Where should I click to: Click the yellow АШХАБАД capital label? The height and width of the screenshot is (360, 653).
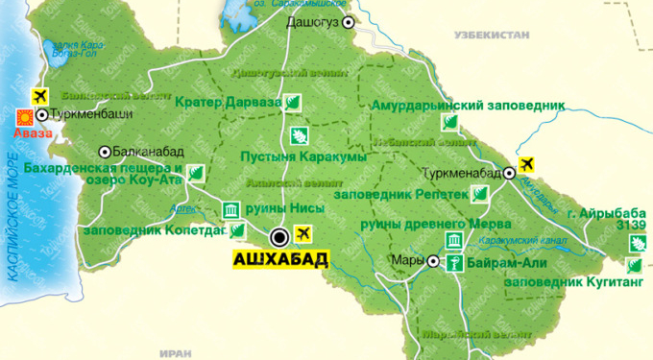pos(280,258)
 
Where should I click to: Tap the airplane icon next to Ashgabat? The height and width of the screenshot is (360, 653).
pos(305,232)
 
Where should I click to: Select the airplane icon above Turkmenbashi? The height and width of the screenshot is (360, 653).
pos(40,97)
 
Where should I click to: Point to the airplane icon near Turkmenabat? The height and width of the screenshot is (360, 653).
pos(526,162)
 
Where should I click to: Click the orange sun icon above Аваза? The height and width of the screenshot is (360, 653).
pos(25,117)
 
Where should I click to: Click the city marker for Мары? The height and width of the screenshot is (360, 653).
pos(433,261)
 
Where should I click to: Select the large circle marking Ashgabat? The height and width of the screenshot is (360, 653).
pos(279,235)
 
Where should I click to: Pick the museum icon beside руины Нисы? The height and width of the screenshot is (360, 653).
pos(230,210)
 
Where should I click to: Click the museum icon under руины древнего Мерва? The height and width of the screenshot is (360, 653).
pos(450,241)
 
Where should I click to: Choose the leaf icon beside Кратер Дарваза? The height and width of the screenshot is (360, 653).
pos(296,102)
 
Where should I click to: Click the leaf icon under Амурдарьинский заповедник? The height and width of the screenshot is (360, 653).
pos(448,121)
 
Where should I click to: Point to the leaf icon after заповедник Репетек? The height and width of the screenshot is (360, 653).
pos(481,194)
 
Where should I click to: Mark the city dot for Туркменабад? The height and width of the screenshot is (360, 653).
pos(510,174)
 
